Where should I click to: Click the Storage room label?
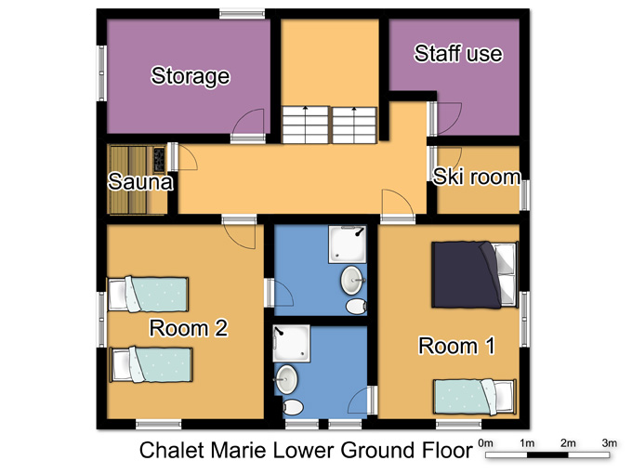point(191,76)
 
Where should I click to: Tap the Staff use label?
point(459,54)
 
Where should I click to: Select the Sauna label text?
point(140,181)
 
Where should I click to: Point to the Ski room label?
point(477,177)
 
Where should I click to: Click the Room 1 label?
point(456,346)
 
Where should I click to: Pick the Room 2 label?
point(189,328)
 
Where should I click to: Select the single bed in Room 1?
point(475,397)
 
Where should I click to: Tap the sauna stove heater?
point(159,159)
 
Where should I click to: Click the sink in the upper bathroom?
point(352,280)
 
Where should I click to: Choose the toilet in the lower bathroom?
point(292,407)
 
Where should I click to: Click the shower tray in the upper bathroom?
point(348,244)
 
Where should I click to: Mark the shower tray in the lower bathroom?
point(292,343)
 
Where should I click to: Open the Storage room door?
point(248,125)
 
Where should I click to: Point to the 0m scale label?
point(485,443)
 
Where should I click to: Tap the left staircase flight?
point(306,125)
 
